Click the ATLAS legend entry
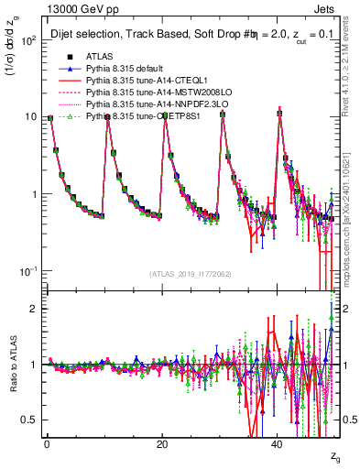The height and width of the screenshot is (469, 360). (x=97, y=56)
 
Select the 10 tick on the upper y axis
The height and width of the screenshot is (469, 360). (x=30, y=117)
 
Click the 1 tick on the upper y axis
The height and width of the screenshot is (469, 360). (x=33, y=195)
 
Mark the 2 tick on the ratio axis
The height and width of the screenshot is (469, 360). (x=33, y=309)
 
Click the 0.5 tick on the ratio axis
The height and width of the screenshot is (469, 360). (x=29, y=420)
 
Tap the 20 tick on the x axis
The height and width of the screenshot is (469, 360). (x=161, y=443)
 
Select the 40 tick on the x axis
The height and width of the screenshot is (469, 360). (x=278, y=443)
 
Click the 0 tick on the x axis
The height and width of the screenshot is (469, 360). (x=46, y=443)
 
